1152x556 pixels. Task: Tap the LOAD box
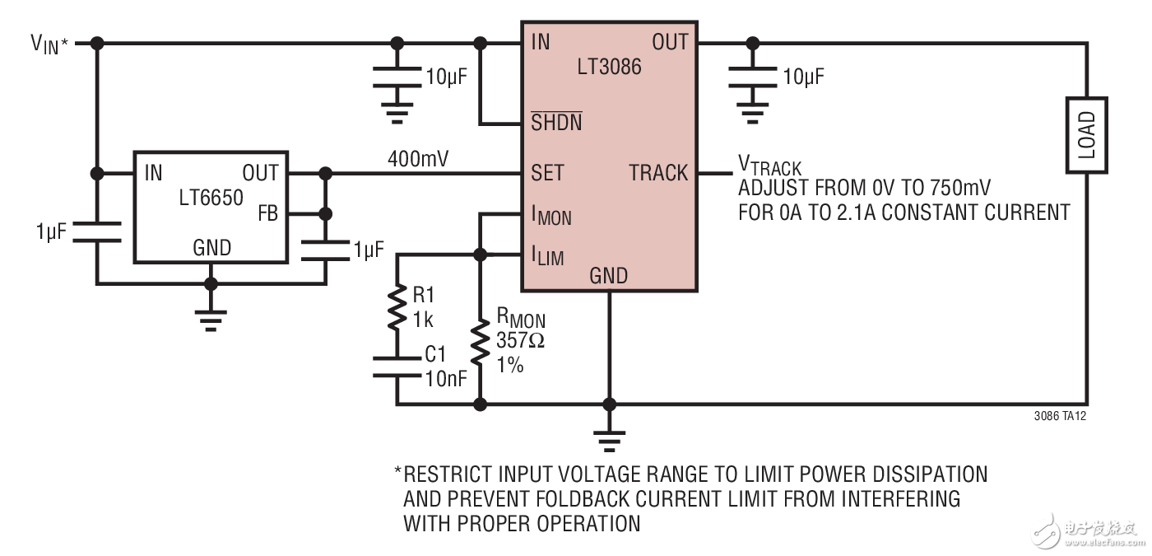click(1085, 136)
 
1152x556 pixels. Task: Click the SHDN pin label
click(556, 124)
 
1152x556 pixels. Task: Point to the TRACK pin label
click(658, 173)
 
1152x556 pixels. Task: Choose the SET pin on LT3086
click(547, 173)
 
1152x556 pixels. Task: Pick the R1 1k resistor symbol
click(397, 306)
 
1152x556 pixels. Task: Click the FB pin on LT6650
click(268, 214)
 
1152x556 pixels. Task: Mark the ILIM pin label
click(548, 256)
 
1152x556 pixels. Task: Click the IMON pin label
click(551, 217)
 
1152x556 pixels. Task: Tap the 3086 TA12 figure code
click(1060, 417)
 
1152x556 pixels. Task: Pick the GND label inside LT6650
click(211, 247)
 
